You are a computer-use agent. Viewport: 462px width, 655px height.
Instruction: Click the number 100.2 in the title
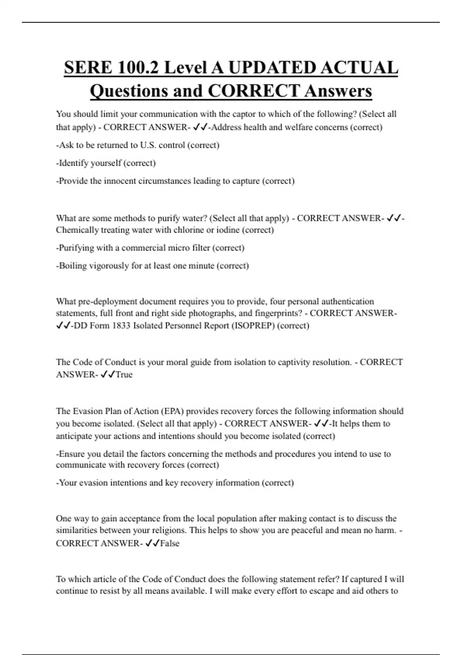pos(138,68)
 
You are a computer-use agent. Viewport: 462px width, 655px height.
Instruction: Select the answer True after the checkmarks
pos(124,375)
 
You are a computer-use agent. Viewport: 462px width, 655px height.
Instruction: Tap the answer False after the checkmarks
pos(170,543)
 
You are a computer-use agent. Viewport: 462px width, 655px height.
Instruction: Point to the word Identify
pos(76,163)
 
